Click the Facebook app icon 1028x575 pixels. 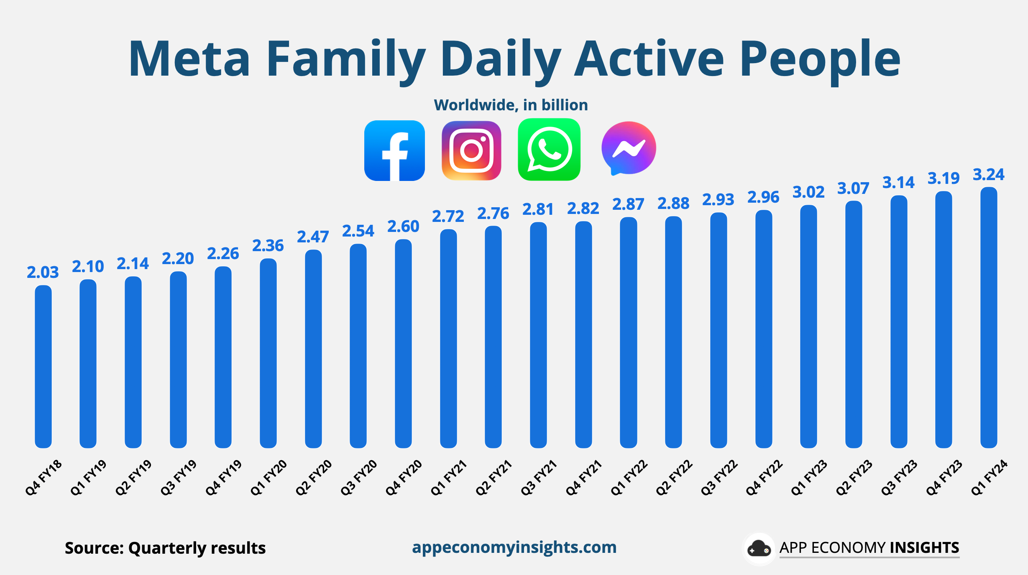click(394, 150)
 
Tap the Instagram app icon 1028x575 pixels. click(471, 150)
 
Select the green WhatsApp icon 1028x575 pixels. click(549, 150)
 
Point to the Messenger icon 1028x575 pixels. click(628, 148)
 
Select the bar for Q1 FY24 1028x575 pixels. click(989, 318)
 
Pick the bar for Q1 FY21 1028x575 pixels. click(448, 338)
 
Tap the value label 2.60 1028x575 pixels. click(403, 226)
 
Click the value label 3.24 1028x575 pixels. click(988, 175)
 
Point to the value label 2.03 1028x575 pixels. click(43, 272)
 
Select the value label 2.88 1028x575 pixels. click(673, 204)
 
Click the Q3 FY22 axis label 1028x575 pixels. click(719, 478)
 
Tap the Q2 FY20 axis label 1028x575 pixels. click(314, 478)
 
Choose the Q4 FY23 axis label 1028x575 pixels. click(944, 478)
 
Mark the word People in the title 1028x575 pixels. click(820, 59)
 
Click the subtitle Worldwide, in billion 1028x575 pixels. click(511, 105)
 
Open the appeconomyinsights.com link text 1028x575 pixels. click(514, 547)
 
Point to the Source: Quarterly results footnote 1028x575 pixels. click(165, 548)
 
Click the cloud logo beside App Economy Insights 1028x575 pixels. click(759, 549)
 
